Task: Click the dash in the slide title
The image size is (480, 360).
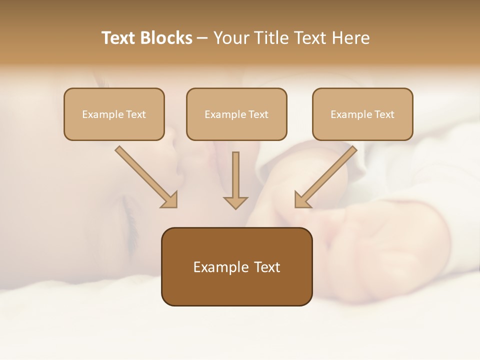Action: pos(202,38)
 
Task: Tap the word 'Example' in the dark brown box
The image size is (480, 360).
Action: pos(214,267)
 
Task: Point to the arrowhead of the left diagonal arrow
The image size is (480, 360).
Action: pos(170,199)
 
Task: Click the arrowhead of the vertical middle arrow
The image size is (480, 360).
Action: pos(235,202)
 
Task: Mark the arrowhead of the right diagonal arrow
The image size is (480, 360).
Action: pos(301,199)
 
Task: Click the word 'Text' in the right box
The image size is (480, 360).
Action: pos(384,114)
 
